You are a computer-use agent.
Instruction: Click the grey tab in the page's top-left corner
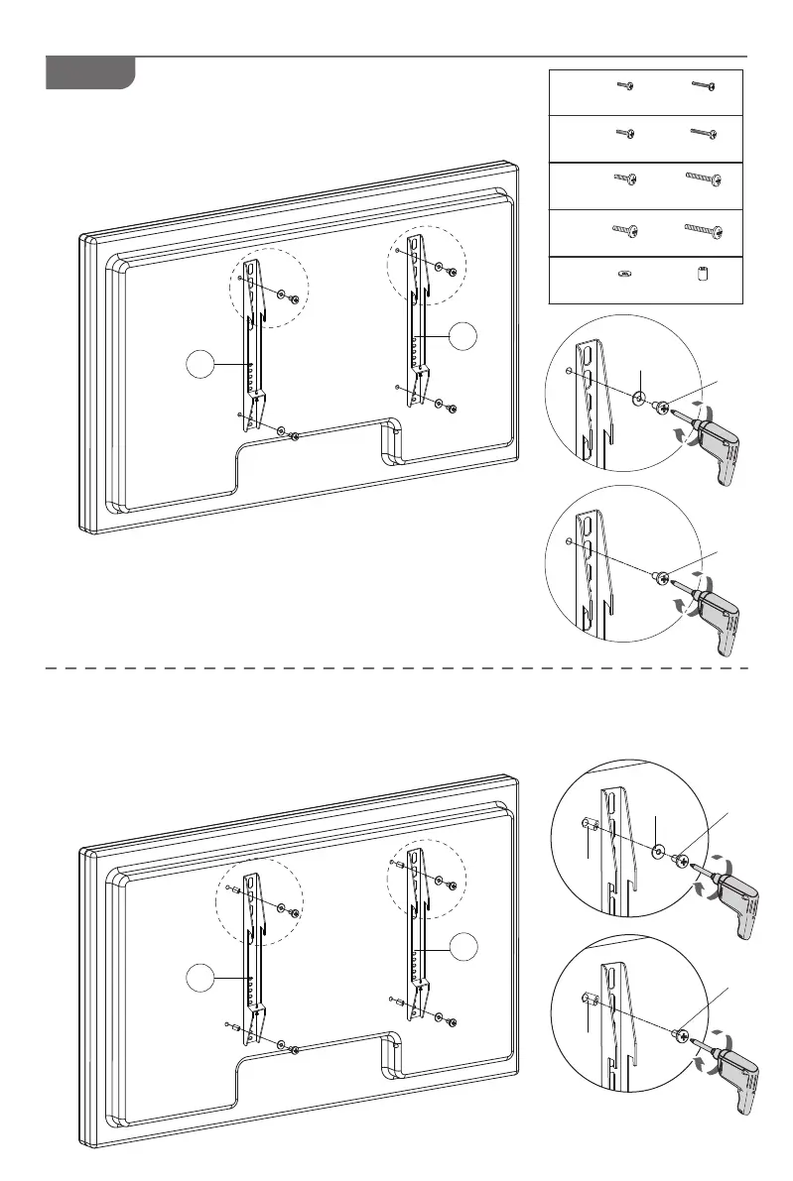point(90,73)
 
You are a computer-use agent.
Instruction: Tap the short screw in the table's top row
point(625,87)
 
